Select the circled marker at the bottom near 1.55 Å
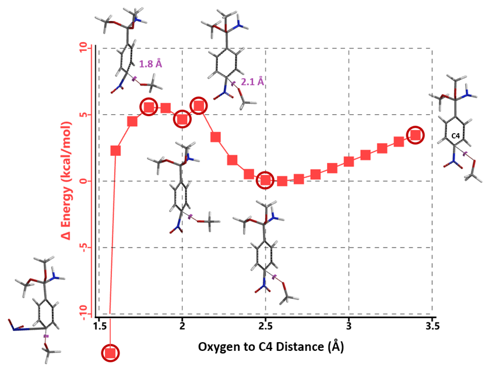[111, 353]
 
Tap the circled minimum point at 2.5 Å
[266, 180]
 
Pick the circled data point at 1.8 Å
[149, 107]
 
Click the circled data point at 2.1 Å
[199, 106]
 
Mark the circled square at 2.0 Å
[182, 119]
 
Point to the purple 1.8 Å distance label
[150, 64]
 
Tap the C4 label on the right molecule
[455, 136]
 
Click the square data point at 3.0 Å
[349, 161]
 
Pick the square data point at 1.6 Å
[115, 151]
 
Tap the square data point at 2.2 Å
[216, 137]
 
